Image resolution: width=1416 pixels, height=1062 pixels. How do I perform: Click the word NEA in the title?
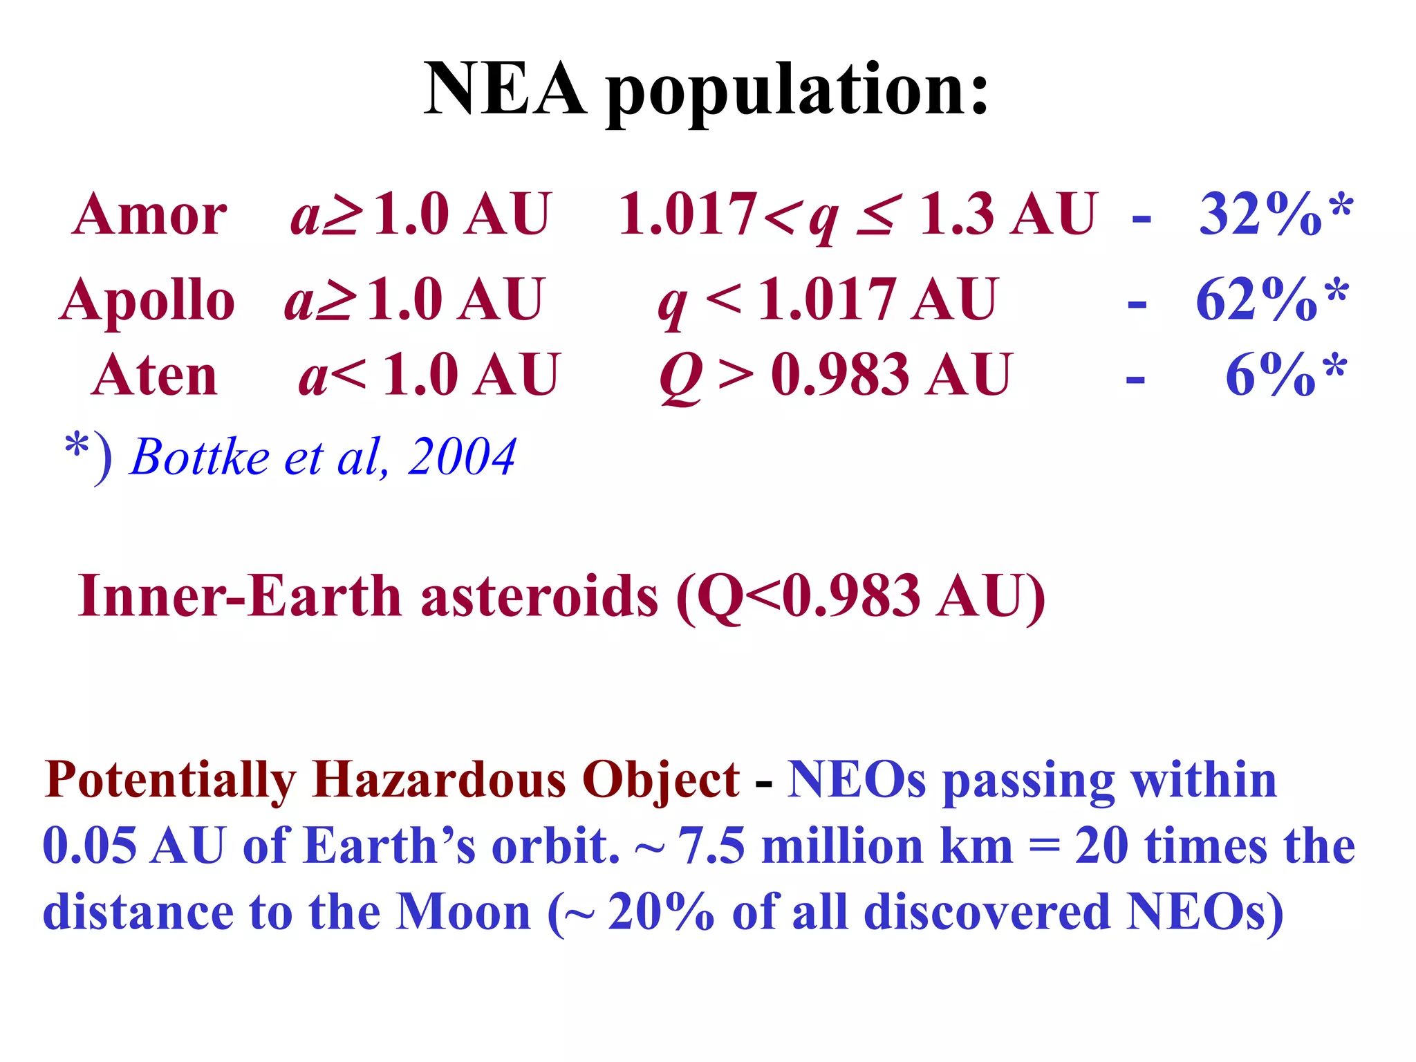point(505,90)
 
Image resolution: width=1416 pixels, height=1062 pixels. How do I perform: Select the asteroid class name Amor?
point(149,214)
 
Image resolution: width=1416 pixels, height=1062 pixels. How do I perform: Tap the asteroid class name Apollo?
point(147,300)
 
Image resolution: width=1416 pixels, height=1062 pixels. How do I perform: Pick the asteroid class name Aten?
point(155,375)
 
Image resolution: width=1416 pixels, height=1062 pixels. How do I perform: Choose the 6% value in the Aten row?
point(1269,375)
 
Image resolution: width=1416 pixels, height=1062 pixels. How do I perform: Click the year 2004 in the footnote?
point(461,457)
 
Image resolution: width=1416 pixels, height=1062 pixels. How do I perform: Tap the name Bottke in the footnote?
point(200,457)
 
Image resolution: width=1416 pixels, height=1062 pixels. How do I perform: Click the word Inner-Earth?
point(239,596)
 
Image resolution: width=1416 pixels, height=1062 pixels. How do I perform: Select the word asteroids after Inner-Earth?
point(539,596)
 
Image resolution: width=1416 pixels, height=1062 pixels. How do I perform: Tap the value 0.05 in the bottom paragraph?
point(90,846)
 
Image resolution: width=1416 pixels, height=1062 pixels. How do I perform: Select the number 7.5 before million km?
point(711,846)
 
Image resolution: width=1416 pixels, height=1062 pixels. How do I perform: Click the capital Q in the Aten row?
point(681,377)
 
